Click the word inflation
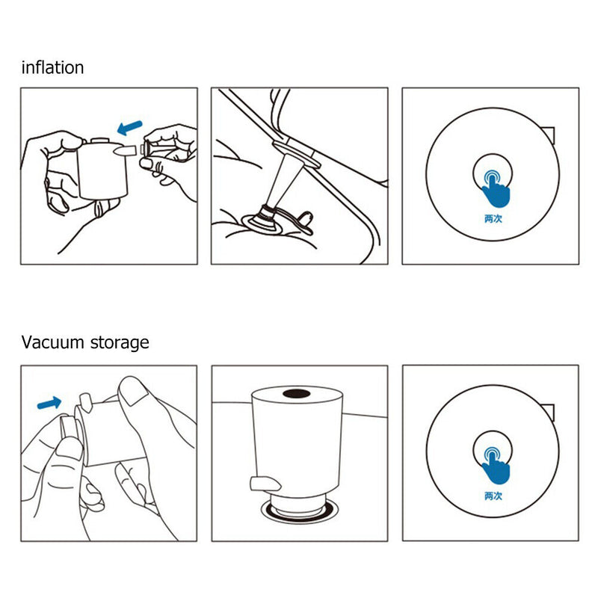point(52,67)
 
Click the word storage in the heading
point(121,342)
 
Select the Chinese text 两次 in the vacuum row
point(491,496)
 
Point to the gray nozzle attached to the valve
point(288,176)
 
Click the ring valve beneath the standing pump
point(298,512)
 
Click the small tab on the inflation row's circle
point(549,135)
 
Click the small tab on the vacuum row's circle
point(549,412)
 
